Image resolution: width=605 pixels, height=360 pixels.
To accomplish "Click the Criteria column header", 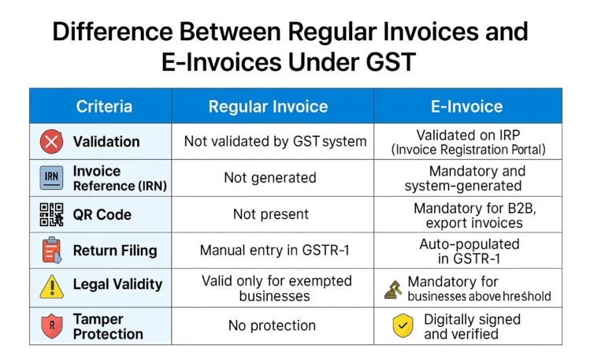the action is [x=104, y=106].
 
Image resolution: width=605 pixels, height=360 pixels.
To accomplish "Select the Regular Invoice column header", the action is [x=268, y=106].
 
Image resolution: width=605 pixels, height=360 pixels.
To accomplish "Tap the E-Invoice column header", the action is [x=467, y=106].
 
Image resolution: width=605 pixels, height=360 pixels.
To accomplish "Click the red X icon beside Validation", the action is [x=52, y=142].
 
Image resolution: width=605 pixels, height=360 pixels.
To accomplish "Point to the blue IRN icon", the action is [x=52, y=178].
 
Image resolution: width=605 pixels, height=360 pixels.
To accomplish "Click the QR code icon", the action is [x=52, y=214].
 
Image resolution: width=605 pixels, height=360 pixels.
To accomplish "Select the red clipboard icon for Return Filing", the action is [x=52, y=251].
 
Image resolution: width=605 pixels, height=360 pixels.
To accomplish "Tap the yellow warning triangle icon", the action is [x=52, y=286].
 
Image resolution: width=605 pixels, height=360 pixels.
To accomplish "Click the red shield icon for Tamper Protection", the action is [x=52, y=326].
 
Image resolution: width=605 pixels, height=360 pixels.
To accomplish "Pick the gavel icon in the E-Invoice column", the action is [x=393, y=289].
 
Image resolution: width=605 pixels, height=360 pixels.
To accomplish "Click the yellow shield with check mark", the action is [x=403, y=325].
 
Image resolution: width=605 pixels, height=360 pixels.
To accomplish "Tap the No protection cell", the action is [x=272, y=325].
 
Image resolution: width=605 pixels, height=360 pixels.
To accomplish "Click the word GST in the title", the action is [x=391, y=61].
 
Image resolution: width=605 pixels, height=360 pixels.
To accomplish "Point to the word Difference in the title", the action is [x=113, y=32].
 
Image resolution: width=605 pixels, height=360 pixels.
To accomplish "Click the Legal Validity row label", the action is [x=117, y=284].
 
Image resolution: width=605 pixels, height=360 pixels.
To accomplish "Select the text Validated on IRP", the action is [x=468, y=135].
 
